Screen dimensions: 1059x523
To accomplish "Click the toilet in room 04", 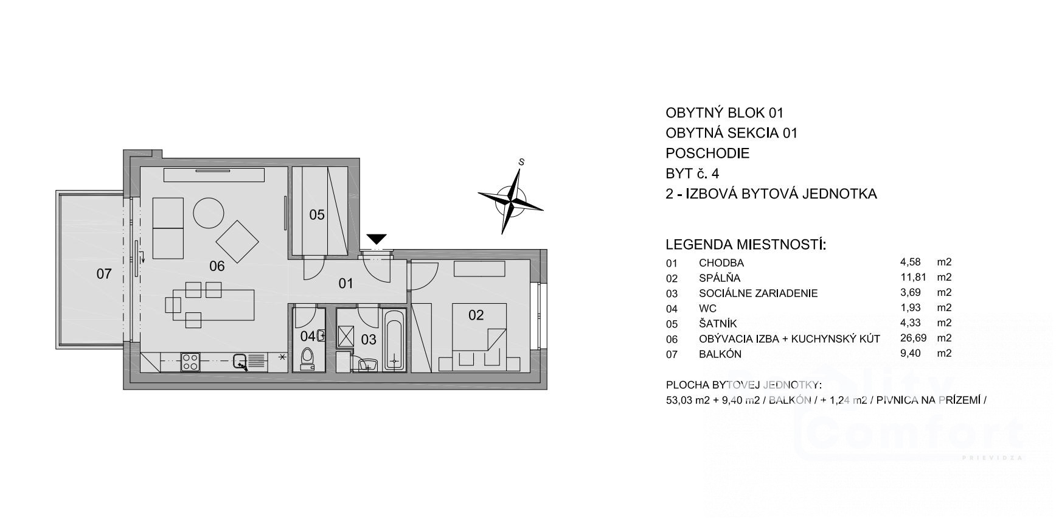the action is tap(308, 359).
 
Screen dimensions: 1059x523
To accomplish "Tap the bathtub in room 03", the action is tap(394, 340).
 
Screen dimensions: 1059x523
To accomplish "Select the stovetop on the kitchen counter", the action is tap(190, 362).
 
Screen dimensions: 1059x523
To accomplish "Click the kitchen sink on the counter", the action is tap(240, 362).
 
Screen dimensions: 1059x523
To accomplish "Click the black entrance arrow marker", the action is tap(377, 239).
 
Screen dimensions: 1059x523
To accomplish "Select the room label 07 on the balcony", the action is tap(104, 274).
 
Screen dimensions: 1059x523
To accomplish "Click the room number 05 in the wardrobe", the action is tap(317, 215).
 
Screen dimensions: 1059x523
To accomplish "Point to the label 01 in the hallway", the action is tap(346, 283).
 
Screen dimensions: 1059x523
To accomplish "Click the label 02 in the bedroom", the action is tap(476, 315).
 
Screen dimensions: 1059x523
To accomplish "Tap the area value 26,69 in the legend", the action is tap(910, 338).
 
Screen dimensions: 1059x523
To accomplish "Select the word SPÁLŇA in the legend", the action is tap(720, 278).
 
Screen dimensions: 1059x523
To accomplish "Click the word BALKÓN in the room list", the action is tap(720, 354).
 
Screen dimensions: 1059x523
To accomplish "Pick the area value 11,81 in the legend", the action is tap(910, 278).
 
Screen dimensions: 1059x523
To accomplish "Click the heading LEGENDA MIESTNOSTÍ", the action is tap(746, 245).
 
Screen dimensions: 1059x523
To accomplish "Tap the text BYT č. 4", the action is tap(692, 174).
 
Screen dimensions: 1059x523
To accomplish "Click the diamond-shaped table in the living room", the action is tap(237, 242).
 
